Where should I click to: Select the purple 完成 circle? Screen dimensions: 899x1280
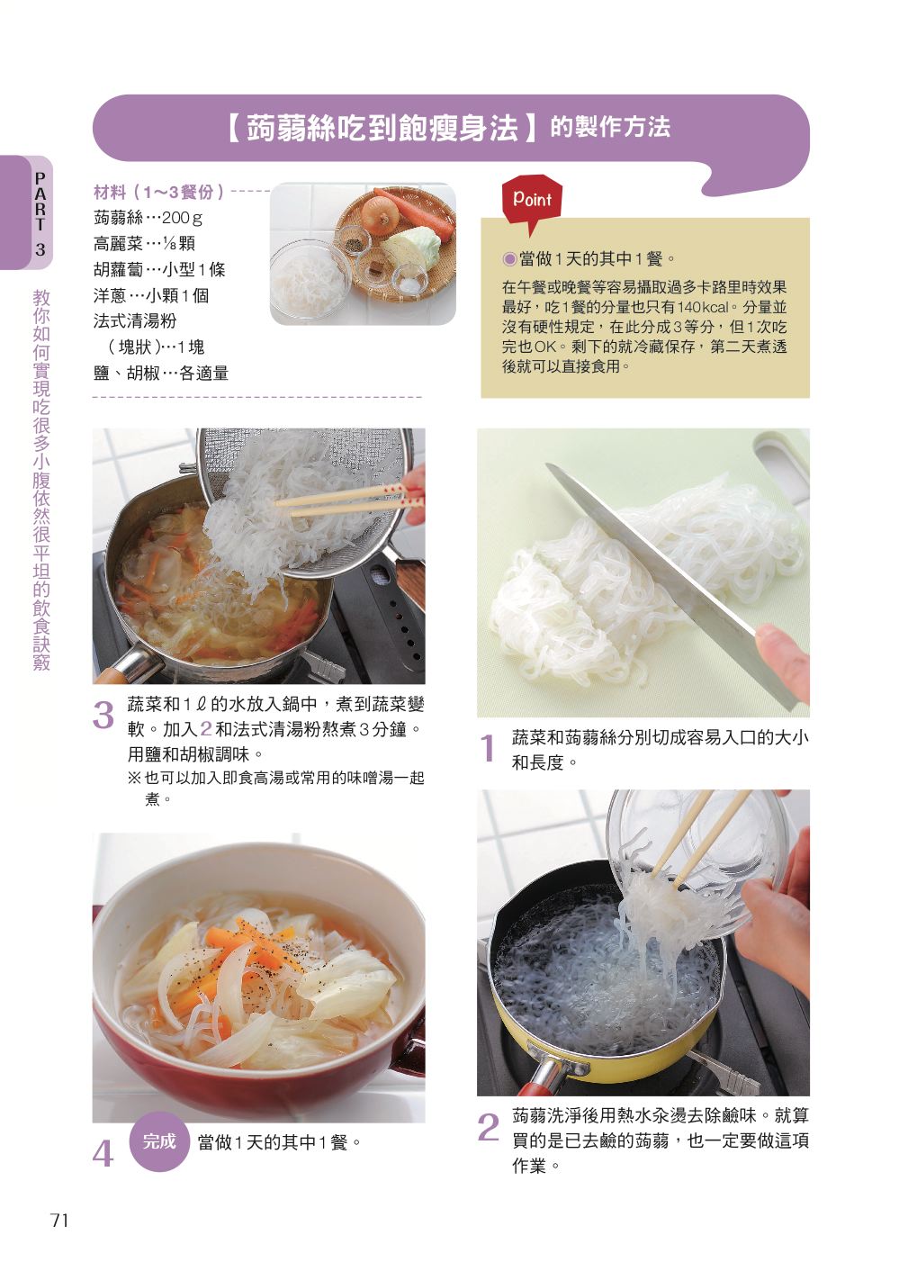(158, 1141)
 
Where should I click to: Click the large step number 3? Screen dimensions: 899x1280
(103, 715)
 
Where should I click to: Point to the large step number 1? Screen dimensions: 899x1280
(487, 748)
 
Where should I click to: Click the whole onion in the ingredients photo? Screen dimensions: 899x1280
(379, 212)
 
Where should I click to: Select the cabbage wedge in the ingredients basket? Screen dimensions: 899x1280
(411, 245)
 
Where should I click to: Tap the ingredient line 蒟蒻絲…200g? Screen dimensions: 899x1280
(148, 218)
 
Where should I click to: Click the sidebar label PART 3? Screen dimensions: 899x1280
(40, 213)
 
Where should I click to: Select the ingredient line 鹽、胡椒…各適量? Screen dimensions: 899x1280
(161, 374)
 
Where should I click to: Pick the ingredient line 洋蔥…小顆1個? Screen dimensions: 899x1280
(151, 295)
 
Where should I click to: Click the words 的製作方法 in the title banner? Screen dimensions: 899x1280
(610, 127)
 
